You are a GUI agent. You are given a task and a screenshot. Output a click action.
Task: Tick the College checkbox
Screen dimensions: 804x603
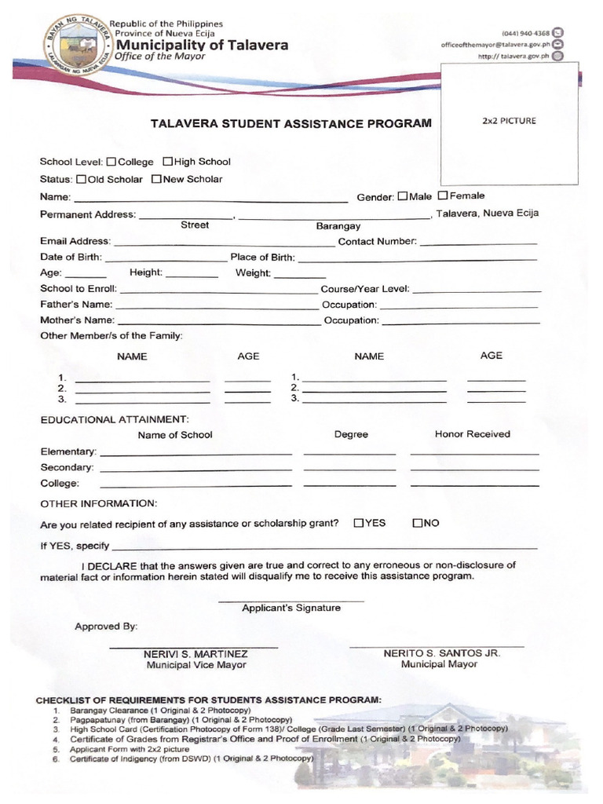pyautogui.click(x=111, y=162)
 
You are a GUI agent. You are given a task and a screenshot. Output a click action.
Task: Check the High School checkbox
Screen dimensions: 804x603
pyautogui.click(x=167, y=162)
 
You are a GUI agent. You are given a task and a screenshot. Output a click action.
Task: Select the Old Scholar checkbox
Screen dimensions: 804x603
pyautogui.click(x=82, y=179)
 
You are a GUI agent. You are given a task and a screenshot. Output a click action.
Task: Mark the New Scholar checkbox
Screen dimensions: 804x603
pyautogui.click(x=156, y=179)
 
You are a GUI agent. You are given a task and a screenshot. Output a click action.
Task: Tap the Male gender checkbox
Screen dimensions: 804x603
pyautogui.click(x=403, y=196)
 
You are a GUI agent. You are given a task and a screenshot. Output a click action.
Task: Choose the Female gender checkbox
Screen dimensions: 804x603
pyautogui.click(x=443, y=196)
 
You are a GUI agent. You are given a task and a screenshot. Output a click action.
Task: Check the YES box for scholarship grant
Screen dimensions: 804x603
pyautogui.click(x=359, y=523)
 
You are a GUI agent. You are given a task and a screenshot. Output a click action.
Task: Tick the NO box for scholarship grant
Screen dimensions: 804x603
pyautogui.click(x=418, y=523)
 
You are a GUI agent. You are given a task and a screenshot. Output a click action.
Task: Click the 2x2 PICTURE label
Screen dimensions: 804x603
pyautogui.click(x=508, y=121)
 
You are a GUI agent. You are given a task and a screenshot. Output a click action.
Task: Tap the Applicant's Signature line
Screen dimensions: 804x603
pyautogui.click(x=291, y=601)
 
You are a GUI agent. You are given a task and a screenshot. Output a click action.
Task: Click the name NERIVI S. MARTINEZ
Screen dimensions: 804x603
pyautogui.click(x=196, y=653)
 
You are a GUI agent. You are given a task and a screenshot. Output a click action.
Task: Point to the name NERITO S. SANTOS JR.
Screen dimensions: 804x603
pyautogui.click(x=441, y=652)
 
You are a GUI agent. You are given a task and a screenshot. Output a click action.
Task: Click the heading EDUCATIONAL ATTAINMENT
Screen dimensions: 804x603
pyautogui.click(x=115, y=419)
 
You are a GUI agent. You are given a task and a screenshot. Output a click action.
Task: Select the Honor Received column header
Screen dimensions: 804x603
pyautogui.click(x=472, y=433)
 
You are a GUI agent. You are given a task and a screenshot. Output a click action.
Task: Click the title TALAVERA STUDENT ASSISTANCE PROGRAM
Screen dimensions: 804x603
pyautogui.click(x=291, y=123)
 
